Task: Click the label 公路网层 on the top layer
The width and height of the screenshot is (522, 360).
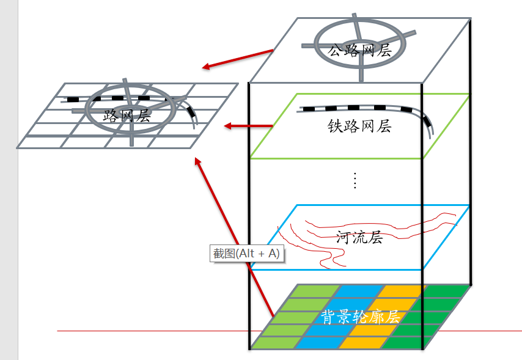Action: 359,51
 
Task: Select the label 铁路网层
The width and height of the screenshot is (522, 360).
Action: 359,127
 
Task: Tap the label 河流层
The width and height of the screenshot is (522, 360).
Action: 359,237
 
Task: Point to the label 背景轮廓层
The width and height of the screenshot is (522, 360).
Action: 360,316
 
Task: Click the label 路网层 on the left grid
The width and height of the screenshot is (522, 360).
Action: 127,115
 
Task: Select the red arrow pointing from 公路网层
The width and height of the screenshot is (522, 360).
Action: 238,58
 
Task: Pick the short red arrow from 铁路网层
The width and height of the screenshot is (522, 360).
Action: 248,126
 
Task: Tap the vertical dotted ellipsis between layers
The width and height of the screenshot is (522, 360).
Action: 355,180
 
